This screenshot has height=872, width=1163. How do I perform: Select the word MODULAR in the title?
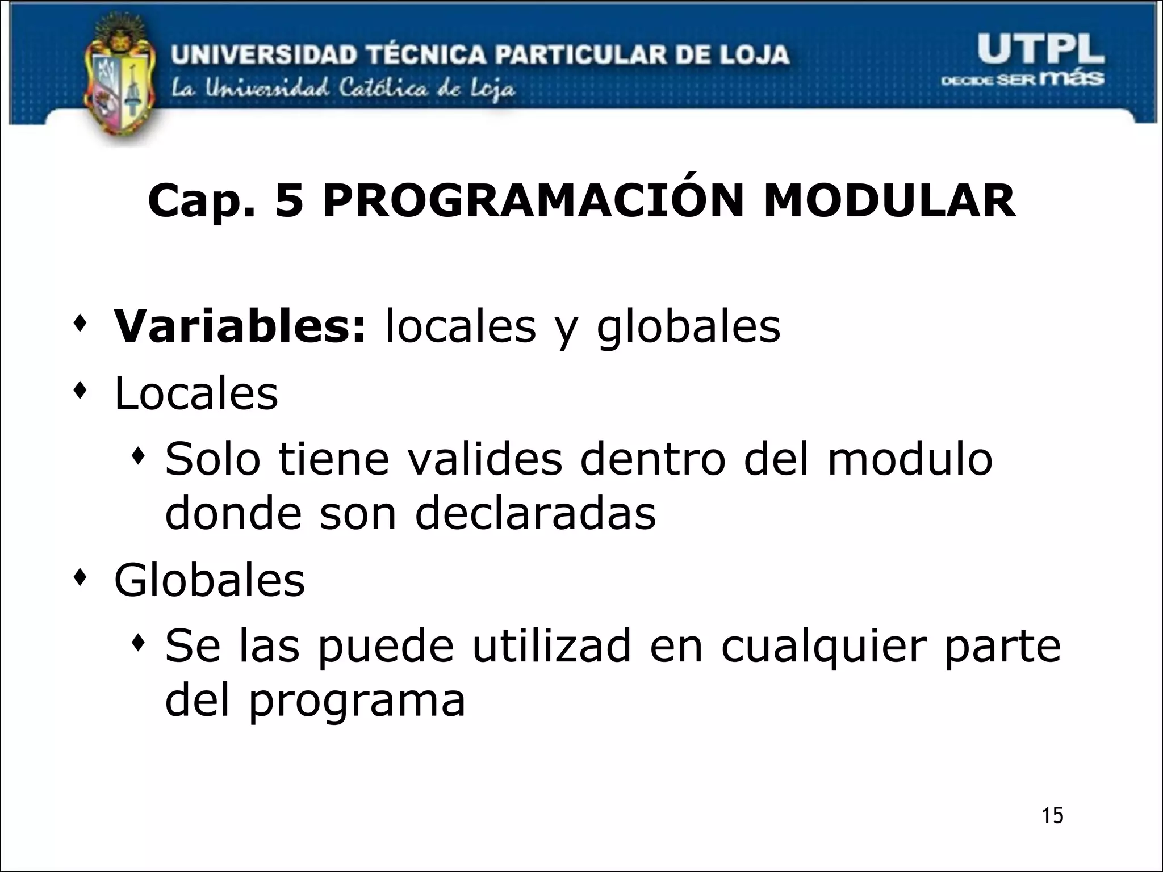[x=889, y=201]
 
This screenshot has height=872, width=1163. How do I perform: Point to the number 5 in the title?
[x=289, y=201]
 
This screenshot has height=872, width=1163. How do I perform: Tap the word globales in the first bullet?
[x=688, y=328]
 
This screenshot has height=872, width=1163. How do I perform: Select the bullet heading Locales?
[x=196, y=393]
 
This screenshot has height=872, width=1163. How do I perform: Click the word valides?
[x=485, y=459]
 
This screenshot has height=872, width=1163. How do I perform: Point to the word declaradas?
[x=536, y=513]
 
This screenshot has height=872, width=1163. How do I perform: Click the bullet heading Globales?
[x=210, y=580]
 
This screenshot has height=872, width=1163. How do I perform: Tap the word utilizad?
[x=552, y=646]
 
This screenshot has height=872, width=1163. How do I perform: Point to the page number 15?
[x=1052, y=815]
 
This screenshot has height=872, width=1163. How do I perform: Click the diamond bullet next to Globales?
[x=81, y=578]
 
